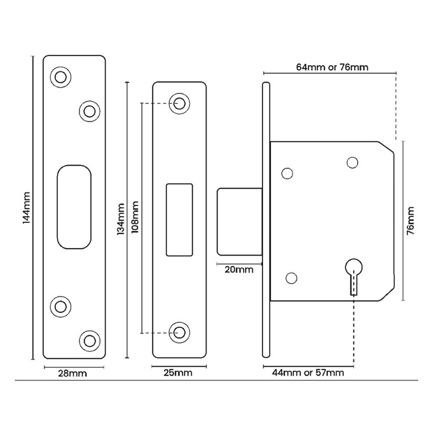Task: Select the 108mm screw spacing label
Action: point(135,218)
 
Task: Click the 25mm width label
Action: point(179,373)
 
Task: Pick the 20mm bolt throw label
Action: point(239,270)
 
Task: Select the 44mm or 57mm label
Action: point(307,373)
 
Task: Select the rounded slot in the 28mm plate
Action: point(75,207)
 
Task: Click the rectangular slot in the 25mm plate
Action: point(179,219)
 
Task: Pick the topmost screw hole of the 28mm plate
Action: point(60,77)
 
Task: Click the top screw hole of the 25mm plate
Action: point(179,103)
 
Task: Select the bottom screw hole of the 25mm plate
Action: point(179,332)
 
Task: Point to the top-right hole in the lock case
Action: point(352,162)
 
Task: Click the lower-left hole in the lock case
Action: point(290,278)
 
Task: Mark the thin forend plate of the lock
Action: point(265,219)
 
